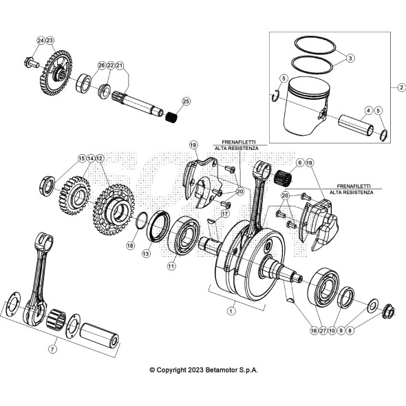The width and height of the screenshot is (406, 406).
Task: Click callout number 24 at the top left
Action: pyautogui.click(x=41, y=41)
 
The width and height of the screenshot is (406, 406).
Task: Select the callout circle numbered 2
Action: pyautogui.click(x=401, y=87)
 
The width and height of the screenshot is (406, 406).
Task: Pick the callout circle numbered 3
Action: pyautogui.click(x=350, y=59)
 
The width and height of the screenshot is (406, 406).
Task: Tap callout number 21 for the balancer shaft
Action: pyautogui.click(x=120, y=65)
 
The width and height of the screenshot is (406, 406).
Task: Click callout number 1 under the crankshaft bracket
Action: pyautogui.click(x=231, y=310)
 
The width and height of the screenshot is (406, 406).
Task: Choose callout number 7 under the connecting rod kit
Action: pyautogui.click(x=52, y=350)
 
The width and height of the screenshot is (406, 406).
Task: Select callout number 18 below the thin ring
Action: pyautogui.click(x=130, y=245)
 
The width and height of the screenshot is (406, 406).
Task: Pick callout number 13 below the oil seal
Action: pyautogui.click(x=146, y=254)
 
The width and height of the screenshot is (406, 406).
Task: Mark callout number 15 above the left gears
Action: pyautogui.click(x=81, y=158)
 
